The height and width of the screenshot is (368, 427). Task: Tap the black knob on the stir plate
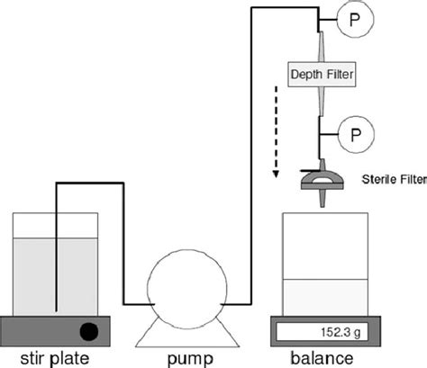pos(90,328)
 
